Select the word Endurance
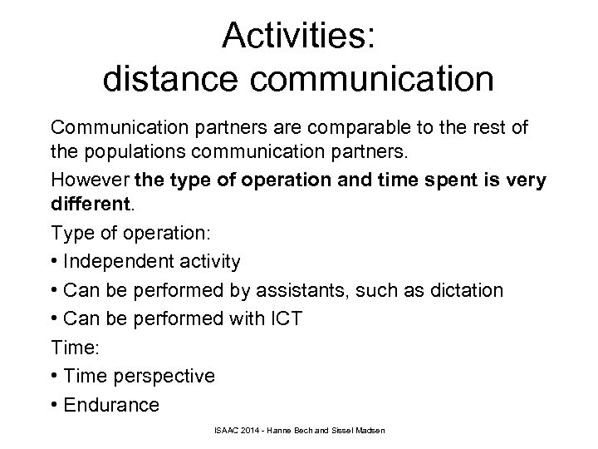(111, 405)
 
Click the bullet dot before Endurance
(55, 405)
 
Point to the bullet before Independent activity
(55, 261)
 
